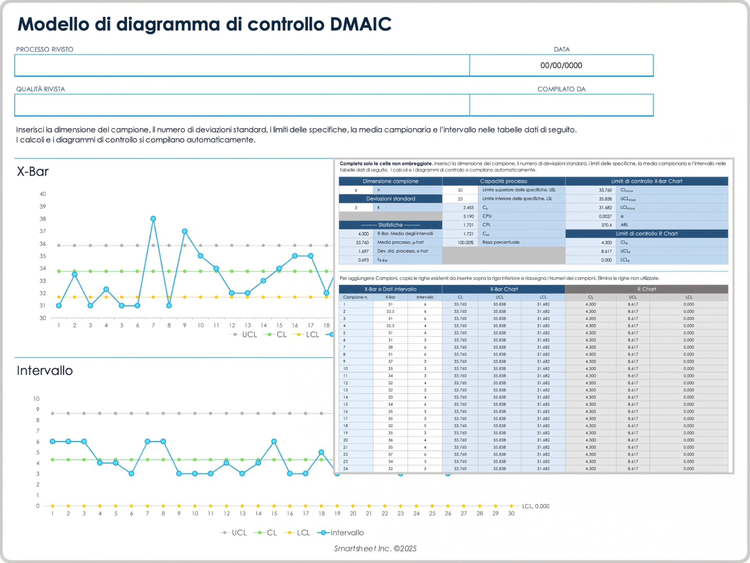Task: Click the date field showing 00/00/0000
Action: pos(561,65)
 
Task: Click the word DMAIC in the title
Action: pos(360,24)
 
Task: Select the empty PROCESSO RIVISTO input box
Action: pos(242,65)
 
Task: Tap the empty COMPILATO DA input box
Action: pos(561,105)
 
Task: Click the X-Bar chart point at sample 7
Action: pos(153,219)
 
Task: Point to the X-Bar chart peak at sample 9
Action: pos(185,231)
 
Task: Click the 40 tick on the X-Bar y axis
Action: pos(43,194)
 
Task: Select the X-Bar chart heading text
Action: pos(33,172)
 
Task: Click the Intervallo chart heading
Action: pos(45,371)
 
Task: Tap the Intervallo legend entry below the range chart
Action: pos(346,533)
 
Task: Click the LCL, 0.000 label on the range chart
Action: pos(536,506)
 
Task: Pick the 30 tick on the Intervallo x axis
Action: pos(511,514)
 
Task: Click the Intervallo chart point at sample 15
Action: pos(274,441)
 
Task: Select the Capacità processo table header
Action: pos(504,181)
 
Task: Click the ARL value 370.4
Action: pos(606,225)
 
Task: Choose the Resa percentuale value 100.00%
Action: pos(465,242)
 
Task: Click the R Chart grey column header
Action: pos(646,289)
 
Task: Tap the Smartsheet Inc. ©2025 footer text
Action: pos(375,549)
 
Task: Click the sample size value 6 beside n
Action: pos(356,190)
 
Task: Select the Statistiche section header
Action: pos(390,225)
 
